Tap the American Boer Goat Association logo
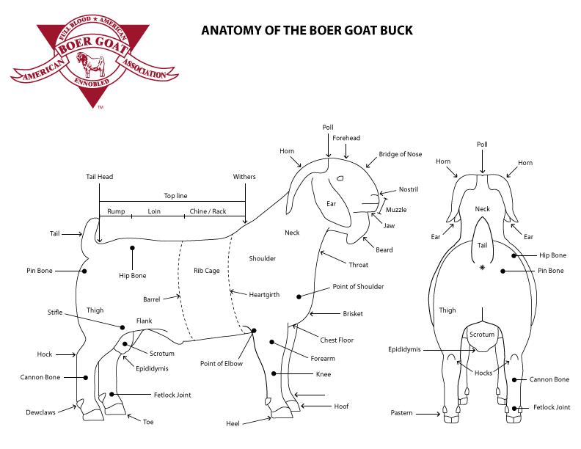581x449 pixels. pos(95,62)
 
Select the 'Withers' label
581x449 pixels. pos(244,177)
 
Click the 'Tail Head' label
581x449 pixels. pos(99,177)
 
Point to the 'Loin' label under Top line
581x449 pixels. pos(154,211)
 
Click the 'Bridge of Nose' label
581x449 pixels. pos(401,154)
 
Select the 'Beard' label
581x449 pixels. pos(384,250)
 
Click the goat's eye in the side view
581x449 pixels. pos(340,179)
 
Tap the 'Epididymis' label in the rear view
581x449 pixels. pos(405,349)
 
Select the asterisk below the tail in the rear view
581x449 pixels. pos(482,269)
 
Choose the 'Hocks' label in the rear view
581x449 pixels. pos(483,373)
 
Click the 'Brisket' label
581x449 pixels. pos(353,314)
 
